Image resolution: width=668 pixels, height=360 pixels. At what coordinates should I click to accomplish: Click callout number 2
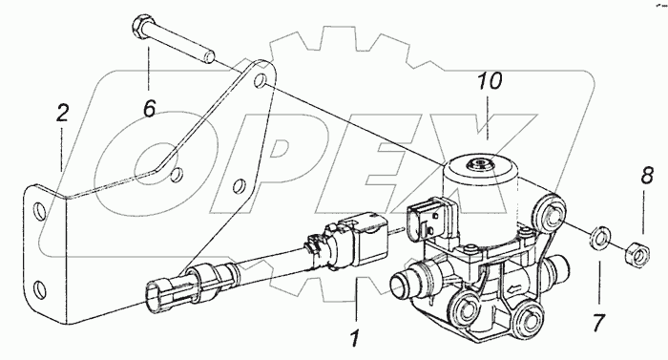coord(62,114)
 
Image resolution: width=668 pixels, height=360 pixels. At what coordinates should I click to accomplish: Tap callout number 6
coord(150,109)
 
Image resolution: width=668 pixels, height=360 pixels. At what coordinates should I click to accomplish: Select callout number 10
coord(490,81)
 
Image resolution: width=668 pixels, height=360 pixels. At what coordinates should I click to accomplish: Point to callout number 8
coord(647,176)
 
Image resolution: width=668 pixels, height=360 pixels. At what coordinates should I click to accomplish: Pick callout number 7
coord(598,323)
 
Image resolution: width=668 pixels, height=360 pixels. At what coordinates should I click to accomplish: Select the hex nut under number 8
coord(636,252)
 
